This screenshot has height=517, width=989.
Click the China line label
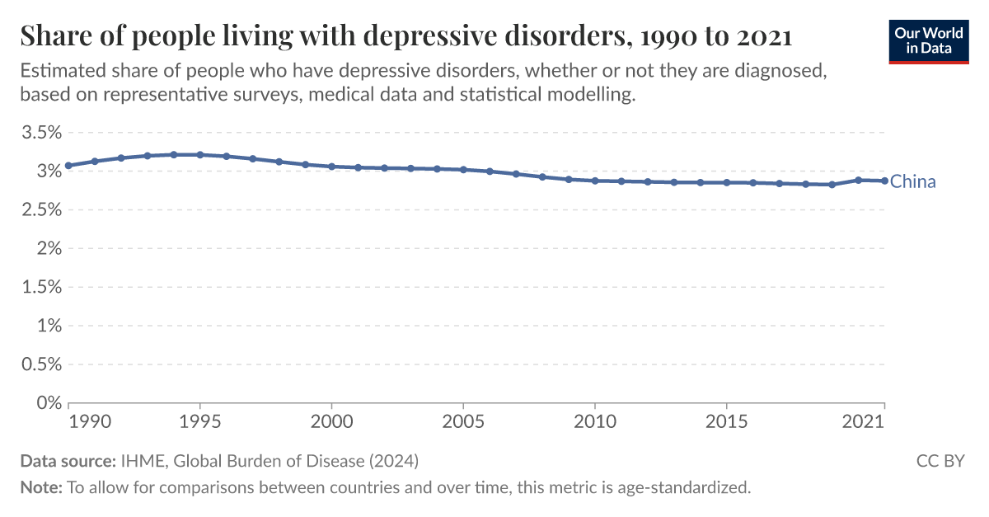pyautogui.click(x=913, y=182)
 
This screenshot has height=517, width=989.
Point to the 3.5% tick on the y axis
pyautogui.click(x=40, y=133)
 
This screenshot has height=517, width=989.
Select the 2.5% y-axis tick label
pyautogui.click(x=40, y=210)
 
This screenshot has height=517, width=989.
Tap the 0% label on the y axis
pyautogui.click(x=50, y=403)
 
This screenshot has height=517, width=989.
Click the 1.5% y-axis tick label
pyautogui.click(x=40, y=287)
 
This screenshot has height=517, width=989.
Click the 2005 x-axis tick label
pyautogui.click(x=463, y=421)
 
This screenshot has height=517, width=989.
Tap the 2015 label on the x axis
pyautogui.click(x=726, y=421)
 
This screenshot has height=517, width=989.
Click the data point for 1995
pyautogui.click(x=200, y=154)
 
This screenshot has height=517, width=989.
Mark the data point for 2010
pyautogui.click(x=594, y=181)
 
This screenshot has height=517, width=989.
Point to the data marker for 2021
pyautogui.click(x=884, y=181)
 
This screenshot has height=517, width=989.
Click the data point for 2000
pyautogui.click(x=331, y=167)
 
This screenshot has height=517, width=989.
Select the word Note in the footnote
pyautogui.click(x=40, y=487)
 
